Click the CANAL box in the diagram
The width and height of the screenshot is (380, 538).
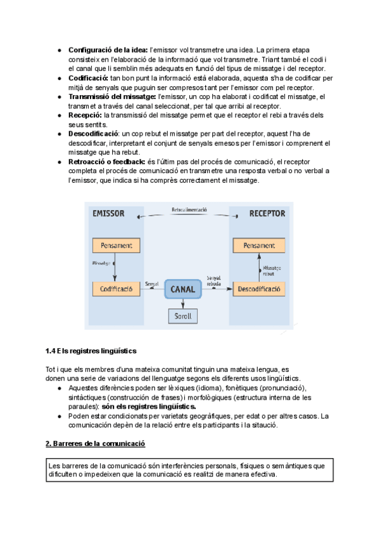coord(188,289)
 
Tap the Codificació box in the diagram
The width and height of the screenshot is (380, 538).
coord(115,289)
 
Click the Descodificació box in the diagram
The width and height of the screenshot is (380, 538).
coord(258,289)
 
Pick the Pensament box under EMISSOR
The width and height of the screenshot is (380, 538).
coord(115,245)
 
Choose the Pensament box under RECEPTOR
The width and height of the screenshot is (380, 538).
coord(258,245)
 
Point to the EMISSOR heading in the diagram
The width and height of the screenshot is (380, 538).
coord(109,213)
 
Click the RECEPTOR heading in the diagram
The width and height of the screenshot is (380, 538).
coord(267,213)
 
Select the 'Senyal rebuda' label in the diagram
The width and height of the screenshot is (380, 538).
coord(213,280)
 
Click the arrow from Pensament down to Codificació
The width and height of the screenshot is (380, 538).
coord(115,266)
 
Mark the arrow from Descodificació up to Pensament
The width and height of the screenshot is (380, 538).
coord(259,266)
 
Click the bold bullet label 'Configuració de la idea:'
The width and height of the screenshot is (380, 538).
coord(108,49)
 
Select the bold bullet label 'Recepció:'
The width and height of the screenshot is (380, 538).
coord(85,115)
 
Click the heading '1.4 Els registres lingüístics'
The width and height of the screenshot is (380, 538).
coord(91,351)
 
